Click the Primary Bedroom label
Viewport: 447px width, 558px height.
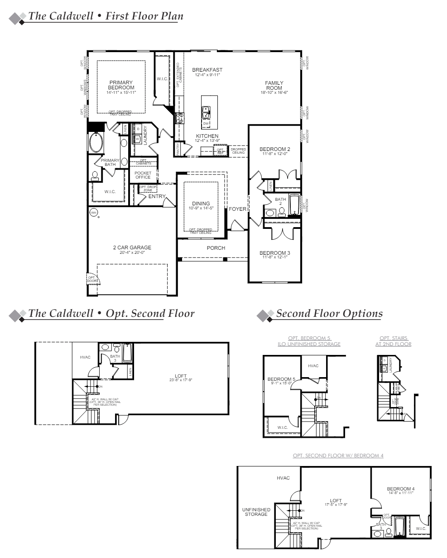coord(121,85)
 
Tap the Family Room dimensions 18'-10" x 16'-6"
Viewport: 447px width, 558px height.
coord(274,92)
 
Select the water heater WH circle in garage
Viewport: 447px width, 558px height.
coord(94,213)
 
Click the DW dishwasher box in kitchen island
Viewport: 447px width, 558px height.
coord(206,123)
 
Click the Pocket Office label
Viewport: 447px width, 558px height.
coord(143,175)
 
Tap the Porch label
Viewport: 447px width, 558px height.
coord(216,248)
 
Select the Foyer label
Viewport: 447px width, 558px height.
coord(237,209)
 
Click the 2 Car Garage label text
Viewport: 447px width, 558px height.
coord(132,247)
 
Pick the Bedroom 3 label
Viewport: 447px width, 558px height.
coord(275,253)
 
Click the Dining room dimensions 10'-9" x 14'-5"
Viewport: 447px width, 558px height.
coord(201,208)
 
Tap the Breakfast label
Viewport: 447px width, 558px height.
coord(207,70)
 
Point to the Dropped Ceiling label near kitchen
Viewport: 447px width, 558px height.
coord(238,151)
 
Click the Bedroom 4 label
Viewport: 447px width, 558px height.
coord(401,489)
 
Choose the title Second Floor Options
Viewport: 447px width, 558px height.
coord(329,313)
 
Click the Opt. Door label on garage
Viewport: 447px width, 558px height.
coord(91,280)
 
